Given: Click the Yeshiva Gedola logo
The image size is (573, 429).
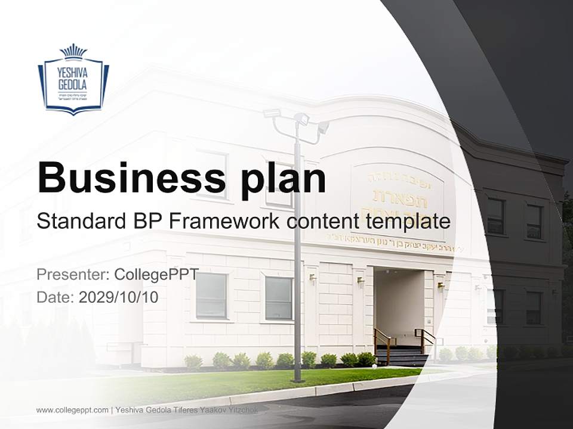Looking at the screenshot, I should [x=73, y=79].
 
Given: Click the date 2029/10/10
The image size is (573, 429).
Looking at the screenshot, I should [x=119, y=297].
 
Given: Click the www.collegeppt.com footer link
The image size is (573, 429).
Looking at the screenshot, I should [x=72, y=410].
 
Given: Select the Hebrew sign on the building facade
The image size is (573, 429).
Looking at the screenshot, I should [x=397, y=200].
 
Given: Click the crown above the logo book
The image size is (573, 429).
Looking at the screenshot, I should [x=73, y=51].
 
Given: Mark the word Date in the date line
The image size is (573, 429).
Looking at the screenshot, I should [x=55, y=297].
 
